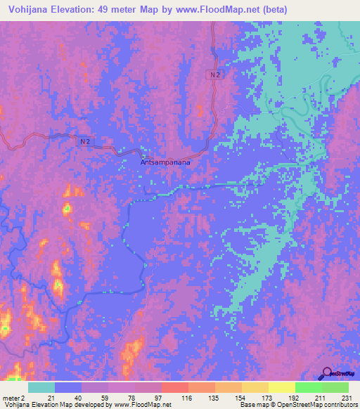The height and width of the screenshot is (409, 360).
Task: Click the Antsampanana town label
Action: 166,161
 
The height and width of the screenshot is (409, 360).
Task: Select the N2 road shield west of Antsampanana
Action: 84,141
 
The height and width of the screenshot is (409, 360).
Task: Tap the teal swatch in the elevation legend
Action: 41,387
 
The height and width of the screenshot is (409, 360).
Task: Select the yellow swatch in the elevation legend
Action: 281,387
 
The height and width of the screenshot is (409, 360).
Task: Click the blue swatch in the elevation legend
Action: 68,387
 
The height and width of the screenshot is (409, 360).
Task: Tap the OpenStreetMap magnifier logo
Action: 327,372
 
